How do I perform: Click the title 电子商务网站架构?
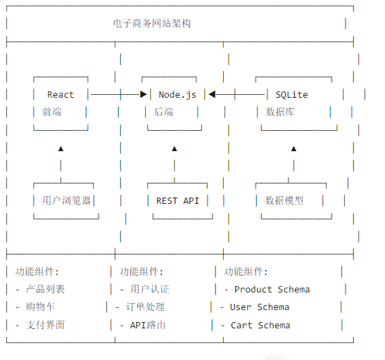(x=152, y=23)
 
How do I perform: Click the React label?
(x=61, y=95)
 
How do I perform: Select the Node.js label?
(x=177, y=95)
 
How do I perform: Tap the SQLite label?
(x=291, y=95)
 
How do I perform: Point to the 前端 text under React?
(x=51, y=112)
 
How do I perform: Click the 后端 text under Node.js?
(x=163, y=112)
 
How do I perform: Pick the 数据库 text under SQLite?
(x=280, y=112)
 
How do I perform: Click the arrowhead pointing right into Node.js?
(x=144, y=94)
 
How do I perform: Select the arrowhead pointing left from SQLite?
(x=212, y=94)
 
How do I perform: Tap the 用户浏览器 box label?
(x=66, y=200)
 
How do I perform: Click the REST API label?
(x=177, y=201)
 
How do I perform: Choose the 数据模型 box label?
(x=284, y=200)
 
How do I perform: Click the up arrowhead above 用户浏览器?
(x=61, y=148)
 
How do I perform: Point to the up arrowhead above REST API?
(x=175, y=148)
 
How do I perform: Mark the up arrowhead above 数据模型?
(x=294, y=148)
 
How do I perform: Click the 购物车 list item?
(x=40, y=307)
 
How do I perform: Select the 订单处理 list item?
(x=145, y=307)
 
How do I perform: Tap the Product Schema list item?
(x=272, y=290)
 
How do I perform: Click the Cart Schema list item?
(x=260, y=326)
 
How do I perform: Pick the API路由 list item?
(x=148, y=326)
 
